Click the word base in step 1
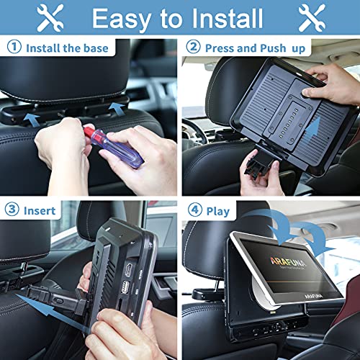click(x=95, y=49)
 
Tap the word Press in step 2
click(x=222, y=49)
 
